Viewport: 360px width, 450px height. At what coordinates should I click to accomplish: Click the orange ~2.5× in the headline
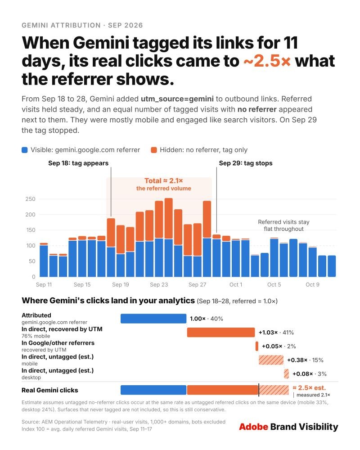(267, 61)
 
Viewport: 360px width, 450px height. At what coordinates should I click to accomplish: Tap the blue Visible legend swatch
(25, 150)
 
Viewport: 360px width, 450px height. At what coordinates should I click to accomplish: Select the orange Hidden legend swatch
(154, 150)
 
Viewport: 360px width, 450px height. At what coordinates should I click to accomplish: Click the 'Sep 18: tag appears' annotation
(78, 163)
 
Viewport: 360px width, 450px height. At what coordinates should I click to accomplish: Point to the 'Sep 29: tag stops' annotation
(246, 163)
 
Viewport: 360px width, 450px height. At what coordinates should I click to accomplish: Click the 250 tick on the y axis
(31, 199)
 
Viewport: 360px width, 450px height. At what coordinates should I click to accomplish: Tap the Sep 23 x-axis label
(159, 284)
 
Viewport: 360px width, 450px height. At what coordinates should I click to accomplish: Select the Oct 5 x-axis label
(274, 284)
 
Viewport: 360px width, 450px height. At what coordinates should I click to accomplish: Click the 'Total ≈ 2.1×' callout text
(164, 181)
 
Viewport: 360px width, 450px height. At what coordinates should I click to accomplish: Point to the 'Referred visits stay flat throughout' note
(283, 225)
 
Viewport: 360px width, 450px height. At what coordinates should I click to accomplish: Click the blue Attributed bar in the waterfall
(153, 319)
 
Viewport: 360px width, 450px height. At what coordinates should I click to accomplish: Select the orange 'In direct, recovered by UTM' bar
(221, 333)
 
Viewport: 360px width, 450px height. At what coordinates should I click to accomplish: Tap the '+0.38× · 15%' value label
(305, 360)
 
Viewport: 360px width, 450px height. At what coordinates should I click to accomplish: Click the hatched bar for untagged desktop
(286, 373)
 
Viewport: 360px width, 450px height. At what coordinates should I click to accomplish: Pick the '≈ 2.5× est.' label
(309, 388)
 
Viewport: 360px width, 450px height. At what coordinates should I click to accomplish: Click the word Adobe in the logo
(253, 427)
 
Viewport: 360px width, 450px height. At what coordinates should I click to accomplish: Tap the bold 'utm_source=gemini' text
(177, 99)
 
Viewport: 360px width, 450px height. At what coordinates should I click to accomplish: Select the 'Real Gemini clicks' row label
(49, 390)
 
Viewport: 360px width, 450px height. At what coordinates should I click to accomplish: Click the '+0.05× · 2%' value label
(279, 346)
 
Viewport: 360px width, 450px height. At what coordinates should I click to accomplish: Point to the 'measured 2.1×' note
(313, 395)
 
